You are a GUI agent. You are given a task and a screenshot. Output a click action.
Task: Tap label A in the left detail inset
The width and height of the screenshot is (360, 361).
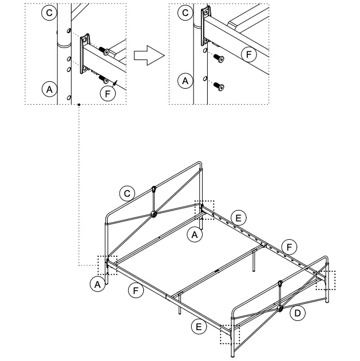(50, 89)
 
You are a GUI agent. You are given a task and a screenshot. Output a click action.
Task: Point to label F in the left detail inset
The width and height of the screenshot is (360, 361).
(106, 94)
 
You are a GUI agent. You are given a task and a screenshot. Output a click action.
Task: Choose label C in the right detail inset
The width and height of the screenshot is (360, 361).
(184, 13)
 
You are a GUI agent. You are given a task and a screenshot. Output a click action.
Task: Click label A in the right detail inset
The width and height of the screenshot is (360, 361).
(184, 81)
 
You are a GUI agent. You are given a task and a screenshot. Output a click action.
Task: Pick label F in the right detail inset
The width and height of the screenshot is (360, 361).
(247, 55)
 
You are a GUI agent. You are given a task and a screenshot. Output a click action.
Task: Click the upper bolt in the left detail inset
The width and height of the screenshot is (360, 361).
(104, 51)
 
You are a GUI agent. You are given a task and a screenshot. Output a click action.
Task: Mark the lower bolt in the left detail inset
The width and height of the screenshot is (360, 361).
(104, 78)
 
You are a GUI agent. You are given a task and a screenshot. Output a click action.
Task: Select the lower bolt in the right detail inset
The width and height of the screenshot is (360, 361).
(218, 86)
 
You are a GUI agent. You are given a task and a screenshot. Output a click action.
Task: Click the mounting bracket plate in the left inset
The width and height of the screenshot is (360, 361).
(85, 54)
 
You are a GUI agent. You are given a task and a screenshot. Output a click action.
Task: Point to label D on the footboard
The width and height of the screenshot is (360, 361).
(297, 313)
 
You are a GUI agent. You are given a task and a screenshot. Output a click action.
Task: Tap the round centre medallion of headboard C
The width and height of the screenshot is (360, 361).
(153, 215)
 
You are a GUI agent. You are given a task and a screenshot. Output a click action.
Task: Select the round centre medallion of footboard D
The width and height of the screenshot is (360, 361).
(280, 308)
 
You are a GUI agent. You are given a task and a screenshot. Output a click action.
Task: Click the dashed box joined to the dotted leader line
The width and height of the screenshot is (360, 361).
(107, 265)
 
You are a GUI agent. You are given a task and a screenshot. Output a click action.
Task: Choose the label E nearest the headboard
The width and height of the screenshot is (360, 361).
(239, 217)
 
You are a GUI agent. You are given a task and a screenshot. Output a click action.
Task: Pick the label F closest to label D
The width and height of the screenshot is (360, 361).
(290, 247)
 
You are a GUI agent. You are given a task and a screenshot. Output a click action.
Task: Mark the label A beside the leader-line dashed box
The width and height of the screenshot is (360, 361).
(98, 283)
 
